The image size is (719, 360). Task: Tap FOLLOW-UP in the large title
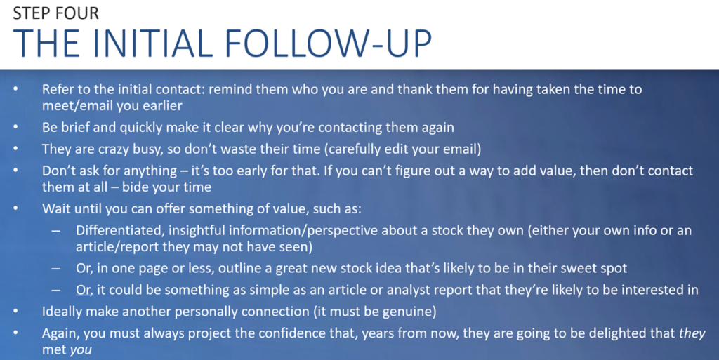[328, 44]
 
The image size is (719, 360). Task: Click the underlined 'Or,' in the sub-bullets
[84, 289]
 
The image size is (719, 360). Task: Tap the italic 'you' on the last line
[81, 350]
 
